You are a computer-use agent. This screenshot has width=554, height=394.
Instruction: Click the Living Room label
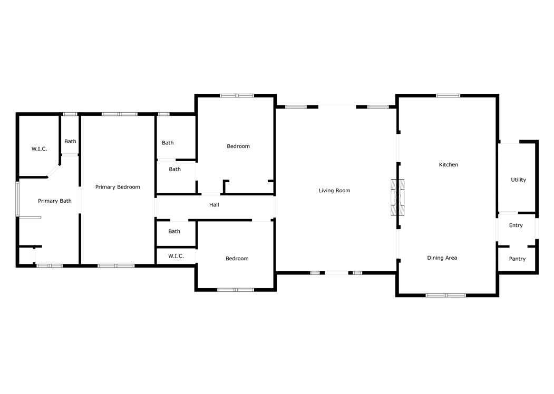(334, 191)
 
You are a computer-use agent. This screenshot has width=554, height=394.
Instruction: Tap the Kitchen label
(449, 165)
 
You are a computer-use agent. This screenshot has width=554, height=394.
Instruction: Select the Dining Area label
(442, 258)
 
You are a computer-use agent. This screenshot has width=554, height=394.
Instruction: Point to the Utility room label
(518, 180)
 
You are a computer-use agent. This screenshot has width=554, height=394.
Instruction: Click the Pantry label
(517, 259)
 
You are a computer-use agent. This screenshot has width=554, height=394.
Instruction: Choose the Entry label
(516, 225)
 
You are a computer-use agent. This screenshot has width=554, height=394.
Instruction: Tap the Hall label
(214, 205)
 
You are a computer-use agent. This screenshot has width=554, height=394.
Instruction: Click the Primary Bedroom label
(118, 187)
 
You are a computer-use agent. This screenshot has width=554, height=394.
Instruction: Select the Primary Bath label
(55, 201)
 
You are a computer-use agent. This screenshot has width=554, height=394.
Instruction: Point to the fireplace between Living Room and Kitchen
(397, 198)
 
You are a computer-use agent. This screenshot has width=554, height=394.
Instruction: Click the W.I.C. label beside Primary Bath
(40, 149)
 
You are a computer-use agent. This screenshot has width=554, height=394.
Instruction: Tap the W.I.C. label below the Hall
(176, 256)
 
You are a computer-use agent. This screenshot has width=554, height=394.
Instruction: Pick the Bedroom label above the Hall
(238, 146)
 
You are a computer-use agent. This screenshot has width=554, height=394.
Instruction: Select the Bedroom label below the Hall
(237, 259)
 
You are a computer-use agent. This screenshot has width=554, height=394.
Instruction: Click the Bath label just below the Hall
(174, 231)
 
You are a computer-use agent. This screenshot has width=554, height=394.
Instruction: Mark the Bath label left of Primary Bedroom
(70, 141)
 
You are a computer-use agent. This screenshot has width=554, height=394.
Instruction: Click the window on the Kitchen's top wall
(448, 96)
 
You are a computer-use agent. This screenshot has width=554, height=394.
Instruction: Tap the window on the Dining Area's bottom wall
(446, 295)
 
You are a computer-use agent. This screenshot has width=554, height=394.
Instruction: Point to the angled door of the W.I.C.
(53, 171)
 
